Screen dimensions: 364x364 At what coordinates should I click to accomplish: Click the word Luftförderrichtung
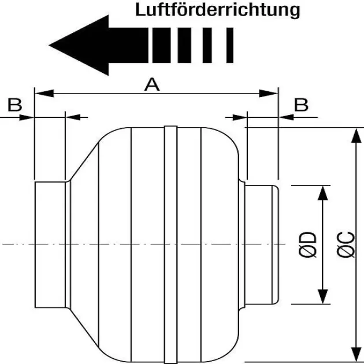tap(218, 10)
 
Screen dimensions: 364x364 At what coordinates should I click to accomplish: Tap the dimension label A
tap(151, 85)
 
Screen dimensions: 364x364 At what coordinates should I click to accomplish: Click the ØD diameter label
tap(309, 244)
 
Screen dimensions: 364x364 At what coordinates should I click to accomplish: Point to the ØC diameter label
tap(344, 244)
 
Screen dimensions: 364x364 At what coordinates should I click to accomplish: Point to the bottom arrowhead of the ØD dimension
tap(322, 295)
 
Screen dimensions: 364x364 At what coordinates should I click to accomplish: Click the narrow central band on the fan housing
tap(170, 243)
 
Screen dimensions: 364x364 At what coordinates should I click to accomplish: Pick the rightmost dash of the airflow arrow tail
tap(230, 45)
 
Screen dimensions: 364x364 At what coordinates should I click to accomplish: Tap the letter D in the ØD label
tap(309, 237)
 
